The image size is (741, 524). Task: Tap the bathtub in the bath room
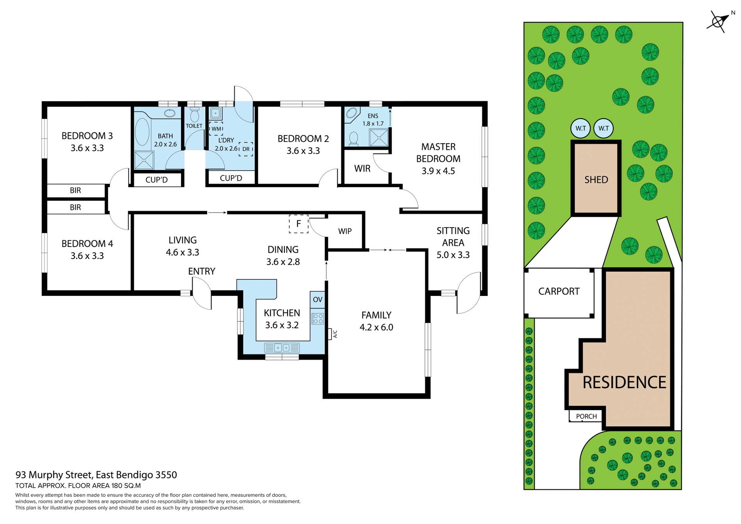tap(142, 132)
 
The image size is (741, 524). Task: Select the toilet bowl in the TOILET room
tap(195, 115)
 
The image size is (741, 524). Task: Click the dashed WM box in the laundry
tap(216, 128)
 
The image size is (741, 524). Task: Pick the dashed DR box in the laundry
tap(246, 149)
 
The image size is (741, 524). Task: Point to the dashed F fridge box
tap(298, 224)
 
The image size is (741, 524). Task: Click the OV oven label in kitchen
tap(317, 299)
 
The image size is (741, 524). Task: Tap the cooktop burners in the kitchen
tap(318, 319)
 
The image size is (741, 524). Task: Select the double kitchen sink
tap(282, 348)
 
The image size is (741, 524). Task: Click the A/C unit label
tap(334, 334)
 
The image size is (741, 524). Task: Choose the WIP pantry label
tap(345, 231)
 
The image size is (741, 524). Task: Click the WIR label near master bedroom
tap(362, 169)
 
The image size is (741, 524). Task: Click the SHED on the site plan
tap(596, 179)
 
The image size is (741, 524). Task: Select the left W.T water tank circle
tap(580, 128)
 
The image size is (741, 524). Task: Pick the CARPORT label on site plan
tap(558, 291)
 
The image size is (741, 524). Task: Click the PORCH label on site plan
tap(586, 416)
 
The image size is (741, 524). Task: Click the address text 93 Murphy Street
tap(96, 475)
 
